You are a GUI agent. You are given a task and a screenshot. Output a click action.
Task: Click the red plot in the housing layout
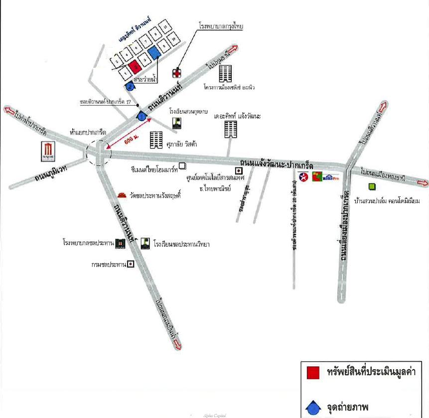tap(133, 66)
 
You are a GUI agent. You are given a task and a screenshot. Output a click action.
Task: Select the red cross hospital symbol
tap(176, 73)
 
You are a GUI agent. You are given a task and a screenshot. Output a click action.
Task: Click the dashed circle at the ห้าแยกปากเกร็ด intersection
tap(98, 152)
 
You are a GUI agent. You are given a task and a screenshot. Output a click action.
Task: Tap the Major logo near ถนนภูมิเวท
tap(48, 151)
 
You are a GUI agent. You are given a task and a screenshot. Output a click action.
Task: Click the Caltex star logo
tap(303, 176)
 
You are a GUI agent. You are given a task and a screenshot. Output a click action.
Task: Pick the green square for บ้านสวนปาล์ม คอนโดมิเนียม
tap(372, 187)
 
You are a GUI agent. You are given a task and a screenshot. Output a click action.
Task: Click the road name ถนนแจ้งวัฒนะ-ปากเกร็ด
tap(276, 164)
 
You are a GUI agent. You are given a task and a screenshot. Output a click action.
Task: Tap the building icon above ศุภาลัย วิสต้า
tap(156, 139)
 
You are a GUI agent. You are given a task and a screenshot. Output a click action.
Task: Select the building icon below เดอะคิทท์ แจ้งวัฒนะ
tap(230, 129)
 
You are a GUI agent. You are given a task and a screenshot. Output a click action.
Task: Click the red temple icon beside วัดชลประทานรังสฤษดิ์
tap(122, 195)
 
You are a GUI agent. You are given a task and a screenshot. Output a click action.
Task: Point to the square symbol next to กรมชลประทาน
tap(131, 264)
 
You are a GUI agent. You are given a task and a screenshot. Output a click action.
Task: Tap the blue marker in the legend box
tap(313, 408)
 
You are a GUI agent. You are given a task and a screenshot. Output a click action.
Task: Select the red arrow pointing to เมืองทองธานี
tap(421, 183)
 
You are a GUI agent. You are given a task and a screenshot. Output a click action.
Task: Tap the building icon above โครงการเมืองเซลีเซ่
tap(226, 74)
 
